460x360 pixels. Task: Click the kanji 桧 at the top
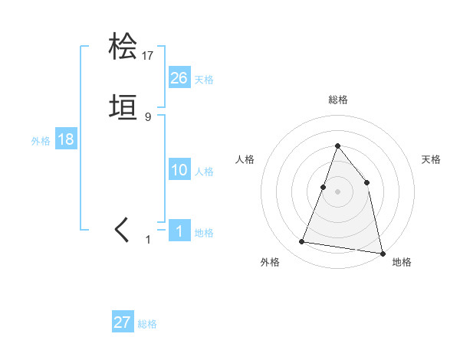coord(123,47)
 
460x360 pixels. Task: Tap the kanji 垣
coord(123,107)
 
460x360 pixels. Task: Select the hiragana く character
coord(123,230)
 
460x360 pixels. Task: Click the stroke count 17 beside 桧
coord(148,56)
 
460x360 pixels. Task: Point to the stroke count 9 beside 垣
coord(148,116)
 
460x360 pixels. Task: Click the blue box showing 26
coord(179,77)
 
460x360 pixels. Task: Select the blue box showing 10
coord(179,170)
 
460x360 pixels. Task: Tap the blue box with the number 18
coord(66,140)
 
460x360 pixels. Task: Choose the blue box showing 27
coord(123,322)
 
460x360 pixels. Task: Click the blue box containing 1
coord(179,231)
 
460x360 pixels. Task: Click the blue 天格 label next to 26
coord(204,80)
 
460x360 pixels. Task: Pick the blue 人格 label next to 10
coord(204,172)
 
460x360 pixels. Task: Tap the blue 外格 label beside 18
coord(41,142)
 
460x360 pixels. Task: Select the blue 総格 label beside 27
coord(147,324)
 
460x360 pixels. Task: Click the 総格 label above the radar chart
coord(337,100)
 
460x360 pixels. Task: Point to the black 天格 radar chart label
coord(432,159)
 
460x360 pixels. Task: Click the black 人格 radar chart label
coord(245,159)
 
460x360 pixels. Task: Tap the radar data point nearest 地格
coord(383,253)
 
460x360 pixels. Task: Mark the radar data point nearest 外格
coord(302,242)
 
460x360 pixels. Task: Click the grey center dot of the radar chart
coord(337,191)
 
